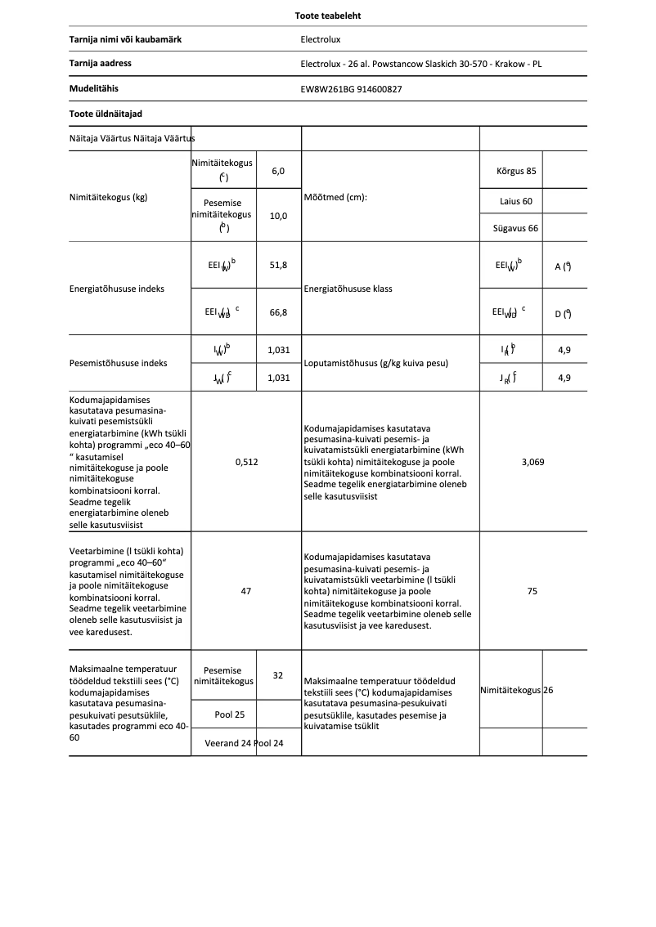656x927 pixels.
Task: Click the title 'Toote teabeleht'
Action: (328, 16)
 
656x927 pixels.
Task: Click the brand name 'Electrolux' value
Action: (321, 39)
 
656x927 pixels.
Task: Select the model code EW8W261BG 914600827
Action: (351, 89)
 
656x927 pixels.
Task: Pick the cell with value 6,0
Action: (278, 171)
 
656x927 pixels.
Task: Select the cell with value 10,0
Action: (278, 217)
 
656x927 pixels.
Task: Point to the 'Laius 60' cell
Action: (516, 201)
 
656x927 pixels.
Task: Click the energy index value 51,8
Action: (278, 266)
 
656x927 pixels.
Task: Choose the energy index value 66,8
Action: (278, 311)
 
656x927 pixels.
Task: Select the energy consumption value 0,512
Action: (246, 462)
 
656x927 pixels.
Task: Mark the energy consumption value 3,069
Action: (532, 462)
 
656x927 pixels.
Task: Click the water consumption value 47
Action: (246, 590)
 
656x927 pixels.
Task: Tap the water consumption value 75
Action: (532, 590)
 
